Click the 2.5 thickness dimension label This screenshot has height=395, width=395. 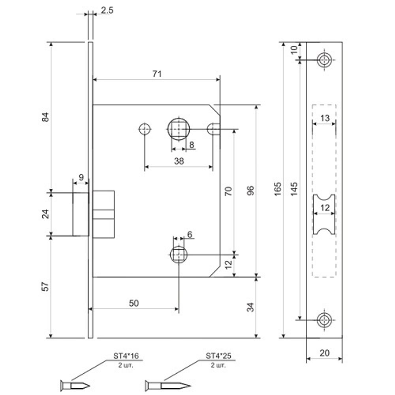coord(107,11)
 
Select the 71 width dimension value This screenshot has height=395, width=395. coord(157,73)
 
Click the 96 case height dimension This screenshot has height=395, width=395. coord(251,190)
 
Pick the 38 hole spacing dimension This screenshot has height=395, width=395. coord(179,161)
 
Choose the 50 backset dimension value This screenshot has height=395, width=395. coord(134,303)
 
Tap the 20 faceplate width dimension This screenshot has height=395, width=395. coord(324,353)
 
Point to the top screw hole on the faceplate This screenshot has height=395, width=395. coord(325,60)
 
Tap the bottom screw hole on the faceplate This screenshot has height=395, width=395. coord(325,320)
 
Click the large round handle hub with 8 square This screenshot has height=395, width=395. coord(179,129)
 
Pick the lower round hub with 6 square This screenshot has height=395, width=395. coord(179,255)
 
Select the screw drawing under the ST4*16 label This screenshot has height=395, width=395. coord(75,385)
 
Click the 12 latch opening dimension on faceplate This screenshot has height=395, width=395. coord(325,208)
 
